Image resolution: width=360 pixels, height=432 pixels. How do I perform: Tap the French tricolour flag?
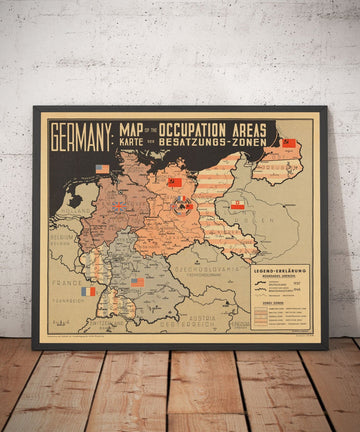(x=89, y=292)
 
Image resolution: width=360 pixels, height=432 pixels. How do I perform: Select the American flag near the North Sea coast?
(x=102, y=169)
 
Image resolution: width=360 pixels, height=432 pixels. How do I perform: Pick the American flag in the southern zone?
(x=138, y=282)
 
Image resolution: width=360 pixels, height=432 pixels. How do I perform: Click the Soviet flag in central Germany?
(x=174, y=183)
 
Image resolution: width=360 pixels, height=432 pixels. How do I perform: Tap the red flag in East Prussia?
(x=289, y=144)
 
